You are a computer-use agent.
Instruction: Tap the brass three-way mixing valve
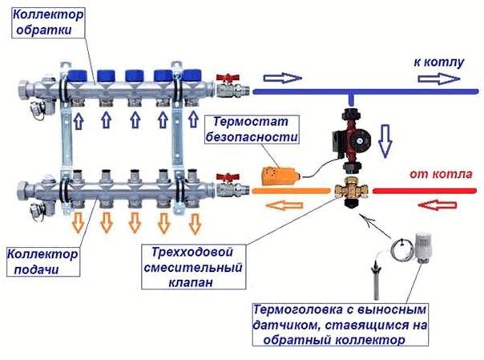[350, 192]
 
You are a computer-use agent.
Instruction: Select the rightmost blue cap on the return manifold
[192, 74]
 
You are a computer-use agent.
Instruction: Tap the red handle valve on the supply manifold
[225, 180]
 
